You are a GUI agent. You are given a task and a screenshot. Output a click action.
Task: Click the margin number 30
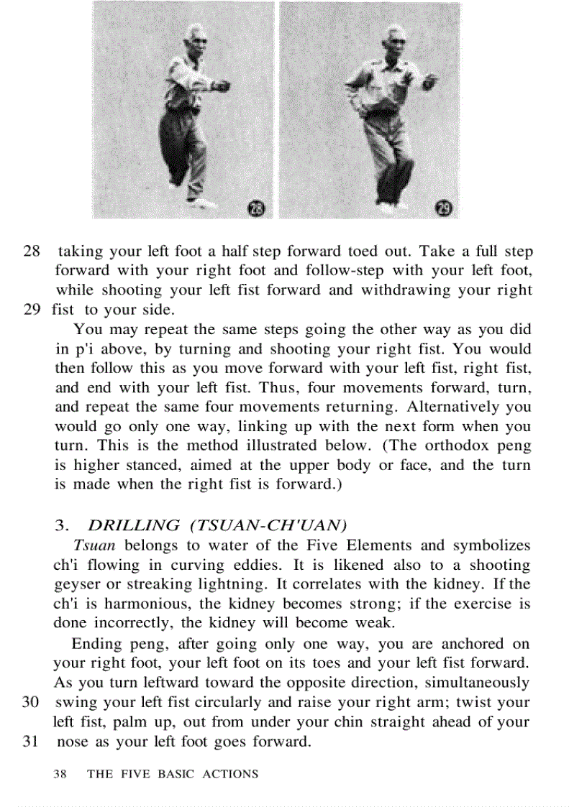coord(29,702)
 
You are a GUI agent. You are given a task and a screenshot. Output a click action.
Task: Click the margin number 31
coord(29,741)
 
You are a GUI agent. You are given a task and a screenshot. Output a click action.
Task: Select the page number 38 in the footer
coord(60,774)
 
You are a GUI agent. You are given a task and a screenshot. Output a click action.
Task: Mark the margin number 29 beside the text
coord(29,310)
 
